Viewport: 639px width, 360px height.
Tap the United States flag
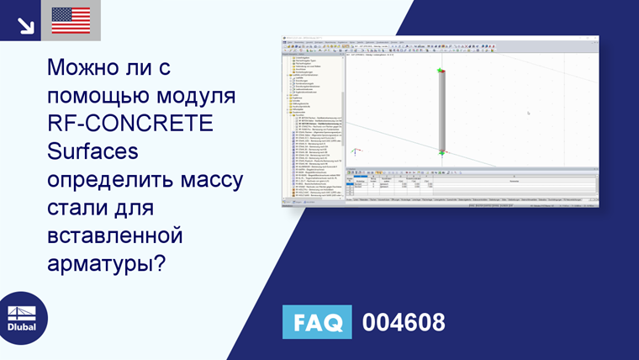[71, 20]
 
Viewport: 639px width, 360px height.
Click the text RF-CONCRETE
[130, 124]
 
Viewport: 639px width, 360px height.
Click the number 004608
[403, 322]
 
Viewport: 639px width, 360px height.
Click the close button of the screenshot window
[594, 39]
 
